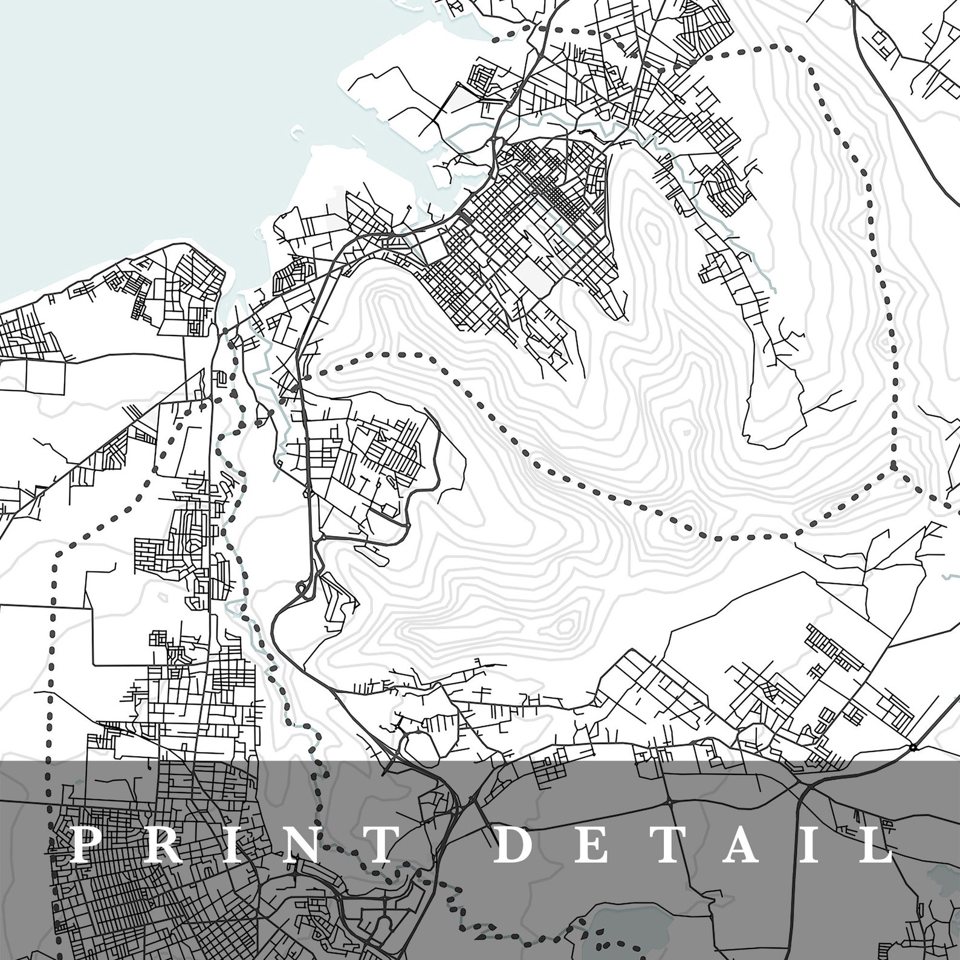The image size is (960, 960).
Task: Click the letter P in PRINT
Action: [86, 845]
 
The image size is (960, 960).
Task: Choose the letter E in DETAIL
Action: [595, 845]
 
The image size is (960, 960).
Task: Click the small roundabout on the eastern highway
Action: [913, 748]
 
